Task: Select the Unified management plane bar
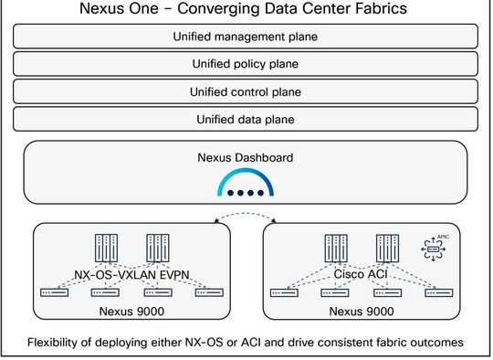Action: point(246,37)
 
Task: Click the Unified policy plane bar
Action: point(246,64)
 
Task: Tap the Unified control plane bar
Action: point(246,91)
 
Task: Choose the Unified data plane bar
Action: point(246,119)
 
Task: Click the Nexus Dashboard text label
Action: point(246,157)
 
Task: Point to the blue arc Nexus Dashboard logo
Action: point(246,186)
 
